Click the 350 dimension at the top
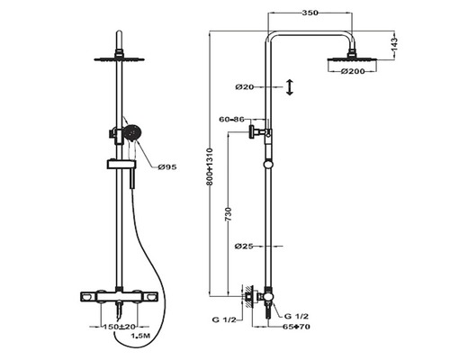tap(310, 13)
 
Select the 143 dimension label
tap(394, 44)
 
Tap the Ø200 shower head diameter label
tap(353, 71)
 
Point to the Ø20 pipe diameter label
tap(245, 87)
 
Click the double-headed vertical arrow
tap(290, 87)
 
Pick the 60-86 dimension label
tap(231, 120)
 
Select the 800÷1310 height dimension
tap(209, 166)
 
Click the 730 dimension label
tap(229, 214)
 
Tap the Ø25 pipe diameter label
tap(244, 247)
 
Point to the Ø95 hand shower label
tap(167, 167)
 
